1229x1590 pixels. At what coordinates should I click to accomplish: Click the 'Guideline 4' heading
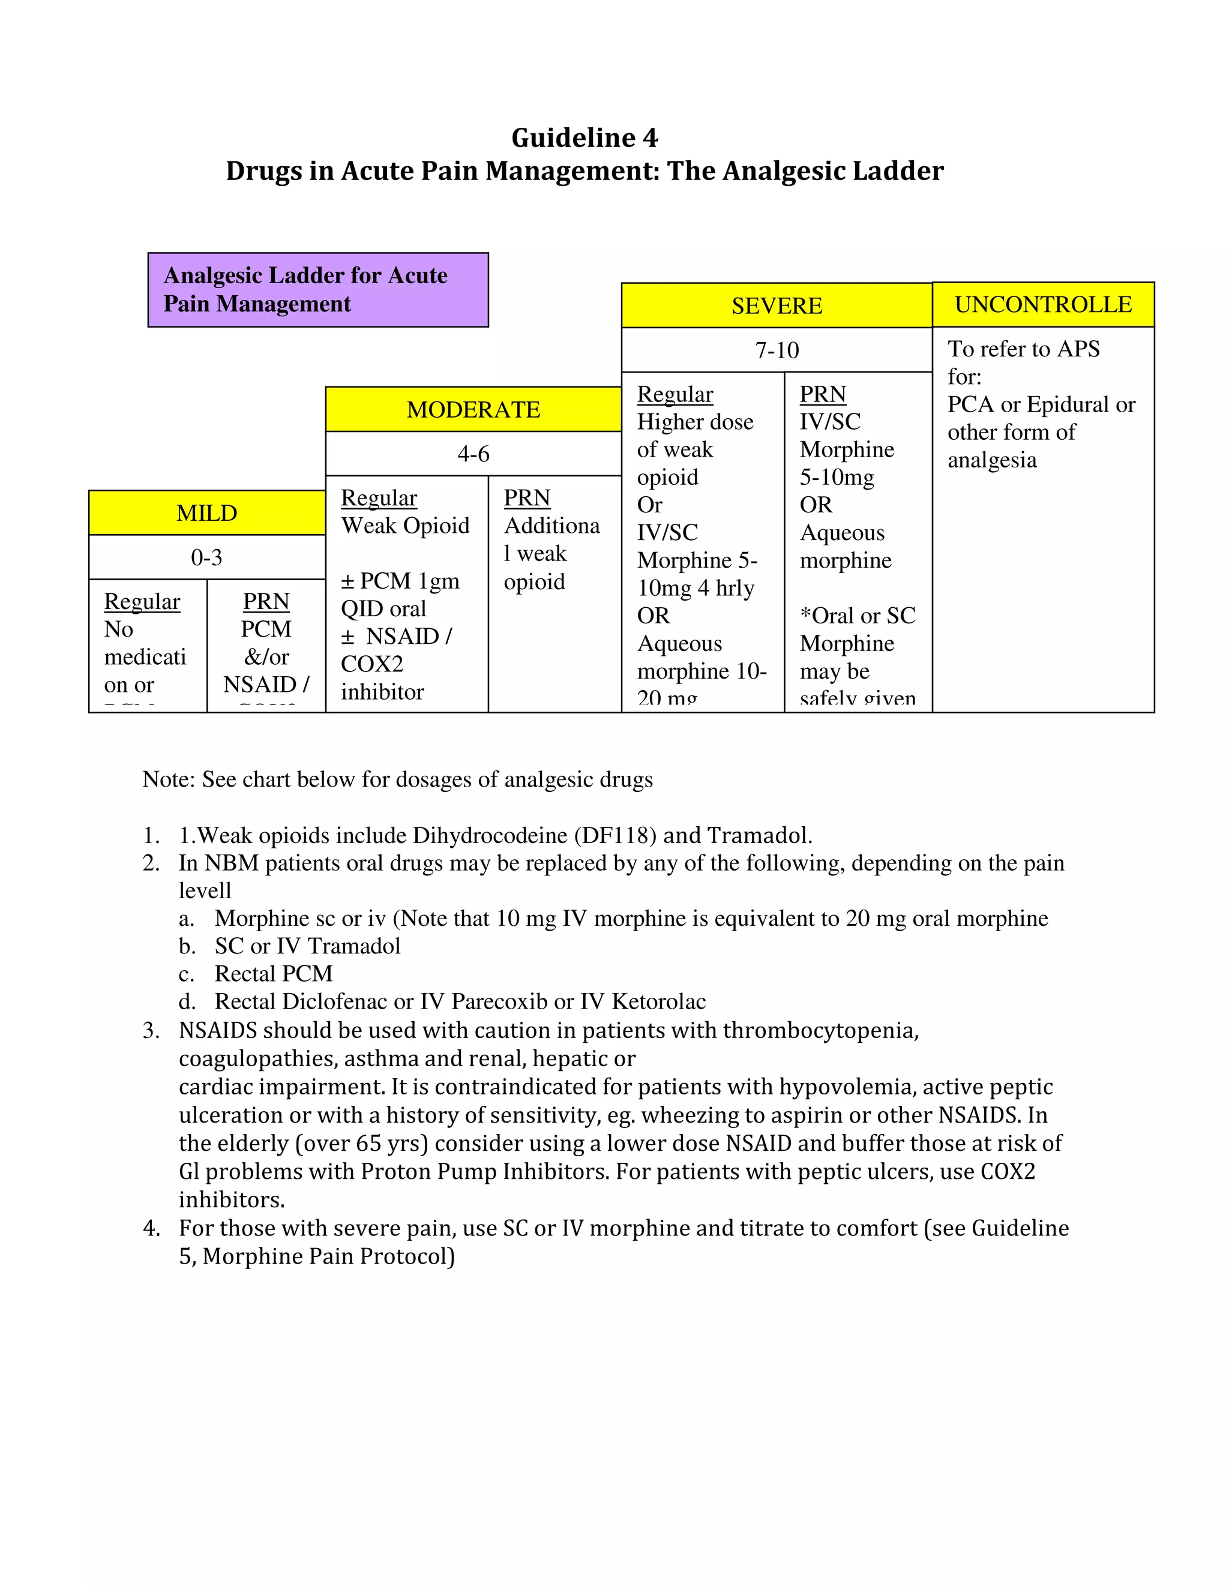(x=584, y=137)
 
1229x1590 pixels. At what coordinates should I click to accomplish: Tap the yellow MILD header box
(x=207, y=513)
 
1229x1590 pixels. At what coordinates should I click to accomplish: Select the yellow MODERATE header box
(x=473, y=410)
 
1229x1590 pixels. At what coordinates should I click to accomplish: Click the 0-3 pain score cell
(x=207, y=557)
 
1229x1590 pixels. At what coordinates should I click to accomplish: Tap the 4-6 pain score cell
(x=473, y=454)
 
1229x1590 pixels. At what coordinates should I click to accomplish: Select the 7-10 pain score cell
(x=777, y=350)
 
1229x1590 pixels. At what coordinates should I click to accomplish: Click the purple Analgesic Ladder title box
(x=318, y=290)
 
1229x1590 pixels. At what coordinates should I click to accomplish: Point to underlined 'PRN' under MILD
(x=266, y=601)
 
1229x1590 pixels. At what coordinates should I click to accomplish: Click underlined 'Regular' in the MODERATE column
(x=379, y=498)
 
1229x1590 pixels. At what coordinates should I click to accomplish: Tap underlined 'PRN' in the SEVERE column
(x=823, y=394)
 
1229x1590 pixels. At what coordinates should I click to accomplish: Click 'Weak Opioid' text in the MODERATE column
(x=406, y=526)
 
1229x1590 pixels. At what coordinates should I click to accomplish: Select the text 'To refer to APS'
(x=1023, y=349)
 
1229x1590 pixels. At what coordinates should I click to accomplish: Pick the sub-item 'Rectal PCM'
(x=274, y=973)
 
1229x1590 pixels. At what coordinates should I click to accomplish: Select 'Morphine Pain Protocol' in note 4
(x=328, y=1256)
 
